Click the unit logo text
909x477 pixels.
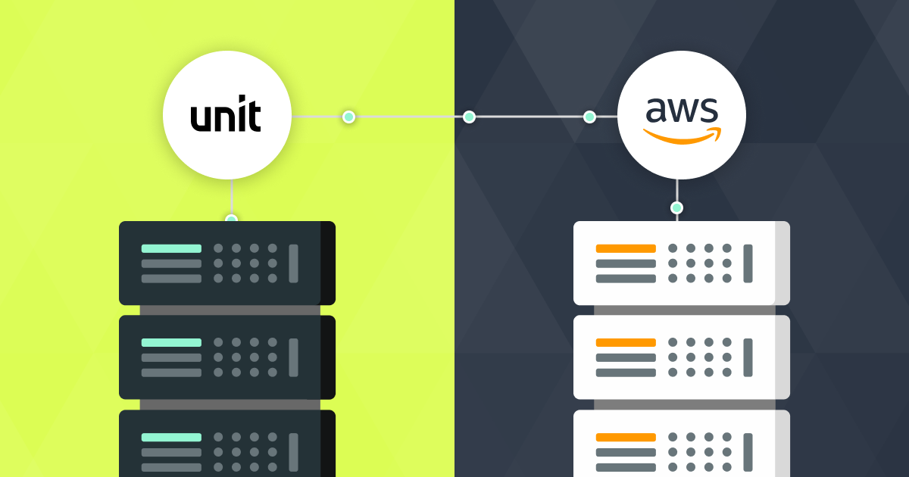[x=226, y=114]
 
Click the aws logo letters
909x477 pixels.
[x=682, y=110]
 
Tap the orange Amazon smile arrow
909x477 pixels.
[x=683, y=136]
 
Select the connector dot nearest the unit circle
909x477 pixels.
[x=348, y=117]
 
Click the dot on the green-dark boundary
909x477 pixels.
[x=469, y=117]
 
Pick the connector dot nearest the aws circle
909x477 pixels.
[x=589, y=117]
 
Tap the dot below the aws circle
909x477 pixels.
[x=676, y=208]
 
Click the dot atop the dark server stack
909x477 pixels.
[x=231, y=218]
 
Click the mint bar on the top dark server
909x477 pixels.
[x=171, y=248]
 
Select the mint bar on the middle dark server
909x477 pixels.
[x=171, y=343]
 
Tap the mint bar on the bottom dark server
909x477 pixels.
[x=171, y=438]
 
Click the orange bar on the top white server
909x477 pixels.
[x=626, y=248]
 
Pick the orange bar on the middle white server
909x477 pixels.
[x=626, y=343]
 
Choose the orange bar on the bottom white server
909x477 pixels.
[x=626, y=438]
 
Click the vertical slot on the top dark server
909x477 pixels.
[x=293, y=263]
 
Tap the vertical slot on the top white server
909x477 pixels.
[x=748, y=263]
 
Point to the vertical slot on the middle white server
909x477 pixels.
[x=748, y=357]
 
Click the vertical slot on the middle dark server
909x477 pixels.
[x=293, y=357]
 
